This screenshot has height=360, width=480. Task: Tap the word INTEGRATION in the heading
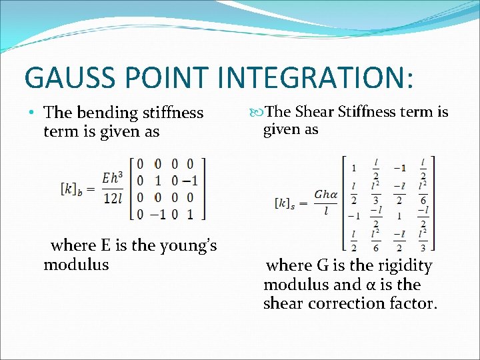click(x=323, y=77)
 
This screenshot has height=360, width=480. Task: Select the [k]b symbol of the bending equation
click(x=73, y=189)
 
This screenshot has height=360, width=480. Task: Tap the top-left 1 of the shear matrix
click(x=353, y=167)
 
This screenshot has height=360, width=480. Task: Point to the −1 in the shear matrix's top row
click(x=399, y=167)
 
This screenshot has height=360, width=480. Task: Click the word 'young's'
click(x=186, y=246)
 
